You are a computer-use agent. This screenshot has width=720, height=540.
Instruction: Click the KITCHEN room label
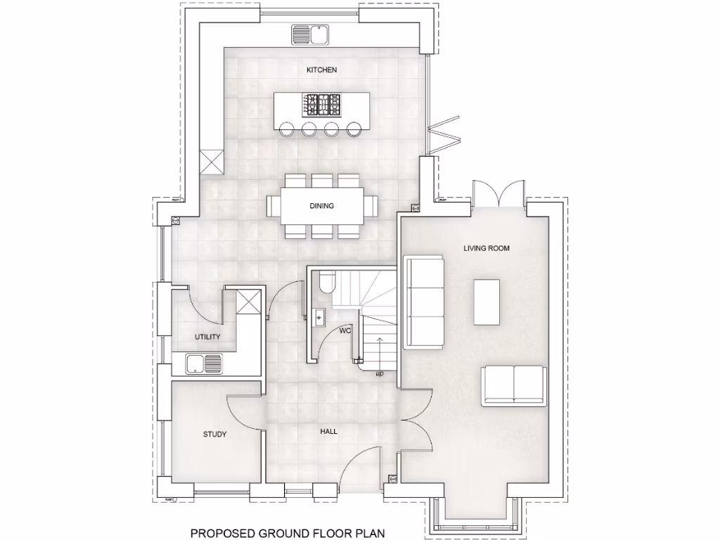coord(321,70)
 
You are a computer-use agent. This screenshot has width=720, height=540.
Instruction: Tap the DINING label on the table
coord(321,206)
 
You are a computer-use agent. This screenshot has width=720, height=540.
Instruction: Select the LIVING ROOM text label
coord(486,248)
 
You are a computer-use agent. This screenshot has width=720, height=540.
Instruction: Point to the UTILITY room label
coord(207,337)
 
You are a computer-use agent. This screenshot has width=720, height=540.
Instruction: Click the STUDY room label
coord(214,435)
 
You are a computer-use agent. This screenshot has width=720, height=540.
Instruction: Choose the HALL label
coord(328,432)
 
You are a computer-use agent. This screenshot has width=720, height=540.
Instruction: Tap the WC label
coord(345,330)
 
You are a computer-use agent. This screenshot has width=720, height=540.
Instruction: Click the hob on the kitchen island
coord(322,105)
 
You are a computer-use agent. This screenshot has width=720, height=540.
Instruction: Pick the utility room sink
coord(203,364)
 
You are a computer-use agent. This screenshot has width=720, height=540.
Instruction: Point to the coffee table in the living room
coord(487,302)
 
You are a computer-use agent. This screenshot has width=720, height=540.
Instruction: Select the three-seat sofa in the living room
coord(424,302)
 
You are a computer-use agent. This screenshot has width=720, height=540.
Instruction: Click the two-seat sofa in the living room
coord(514,386)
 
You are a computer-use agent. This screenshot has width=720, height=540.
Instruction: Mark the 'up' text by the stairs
coord(380,373)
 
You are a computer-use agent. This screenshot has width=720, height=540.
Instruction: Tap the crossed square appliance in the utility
coord(248,301)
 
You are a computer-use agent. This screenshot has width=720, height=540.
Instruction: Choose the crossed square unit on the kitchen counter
coord(211,162)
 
